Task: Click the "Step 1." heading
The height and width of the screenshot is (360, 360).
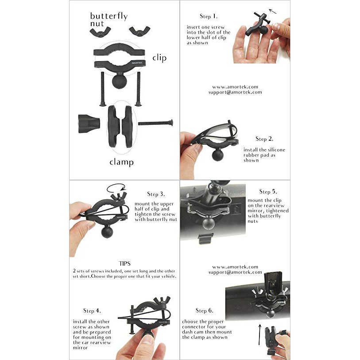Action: coord(208,16)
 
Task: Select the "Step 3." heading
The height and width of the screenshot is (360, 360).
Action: coord(156,194)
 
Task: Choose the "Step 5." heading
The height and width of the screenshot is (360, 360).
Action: coord(268,192)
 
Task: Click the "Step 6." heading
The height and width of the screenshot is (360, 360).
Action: coord(204,310)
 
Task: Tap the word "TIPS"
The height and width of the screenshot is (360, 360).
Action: coord(124,263)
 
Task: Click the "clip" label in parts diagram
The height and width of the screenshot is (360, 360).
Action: coord(159,58)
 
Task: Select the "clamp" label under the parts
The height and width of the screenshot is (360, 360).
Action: coord(122,162)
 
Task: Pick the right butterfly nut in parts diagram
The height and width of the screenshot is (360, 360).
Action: coord(137,31)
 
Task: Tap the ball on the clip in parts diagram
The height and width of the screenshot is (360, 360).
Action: coord(120,81)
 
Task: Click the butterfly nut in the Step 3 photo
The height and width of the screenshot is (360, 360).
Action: coord(118,195)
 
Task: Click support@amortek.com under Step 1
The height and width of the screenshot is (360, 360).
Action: coord(235,93)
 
